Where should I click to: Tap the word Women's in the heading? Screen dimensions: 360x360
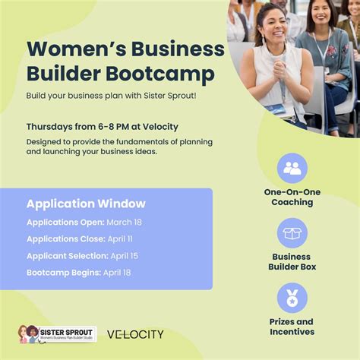click(69, 49)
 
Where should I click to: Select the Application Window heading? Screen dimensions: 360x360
click(86, 204)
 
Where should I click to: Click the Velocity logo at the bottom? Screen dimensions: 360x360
click(135, 334)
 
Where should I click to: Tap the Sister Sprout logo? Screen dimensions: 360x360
click(57, 334)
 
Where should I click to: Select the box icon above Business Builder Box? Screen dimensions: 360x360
click(292, 233)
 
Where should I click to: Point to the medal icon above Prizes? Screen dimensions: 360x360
click(292, 298)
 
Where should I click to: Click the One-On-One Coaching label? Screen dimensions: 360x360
click(292, 197)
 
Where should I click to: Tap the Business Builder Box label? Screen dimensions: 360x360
click(292, 262)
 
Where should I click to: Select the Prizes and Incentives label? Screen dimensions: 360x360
click(292, 327)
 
